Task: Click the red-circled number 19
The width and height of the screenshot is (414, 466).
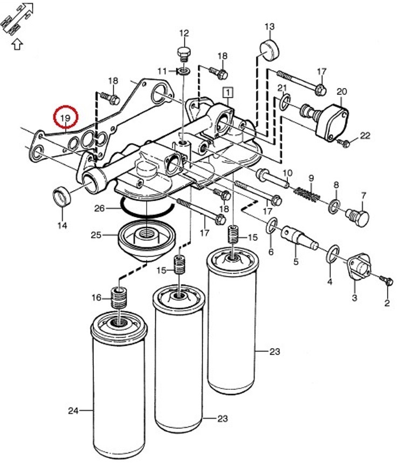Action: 65,118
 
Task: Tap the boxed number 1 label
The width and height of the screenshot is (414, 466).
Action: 228,93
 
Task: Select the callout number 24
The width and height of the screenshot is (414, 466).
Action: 73,411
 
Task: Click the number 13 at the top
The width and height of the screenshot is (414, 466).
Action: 270,27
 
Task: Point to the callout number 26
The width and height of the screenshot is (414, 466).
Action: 99,208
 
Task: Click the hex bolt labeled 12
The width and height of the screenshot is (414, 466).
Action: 184,55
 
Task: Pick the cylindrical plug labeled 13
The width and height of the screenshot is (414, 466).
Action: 270,50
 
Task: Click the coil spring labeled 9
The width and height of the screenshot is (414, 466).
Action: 307,194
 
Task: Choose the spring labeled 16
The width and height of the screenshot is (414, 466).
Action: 120,298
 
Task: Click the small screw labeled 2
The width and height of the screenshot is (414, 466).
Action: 387,280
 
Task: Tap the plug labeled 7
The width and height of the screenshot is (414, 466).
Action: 357,217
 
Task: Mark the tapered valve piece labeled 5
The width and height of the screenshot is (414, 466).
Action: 299,237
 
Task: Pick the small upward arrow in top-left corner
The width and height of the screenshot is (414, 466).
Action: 17,45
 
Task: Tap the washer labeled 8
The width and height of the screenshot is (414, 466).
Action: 334,207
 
